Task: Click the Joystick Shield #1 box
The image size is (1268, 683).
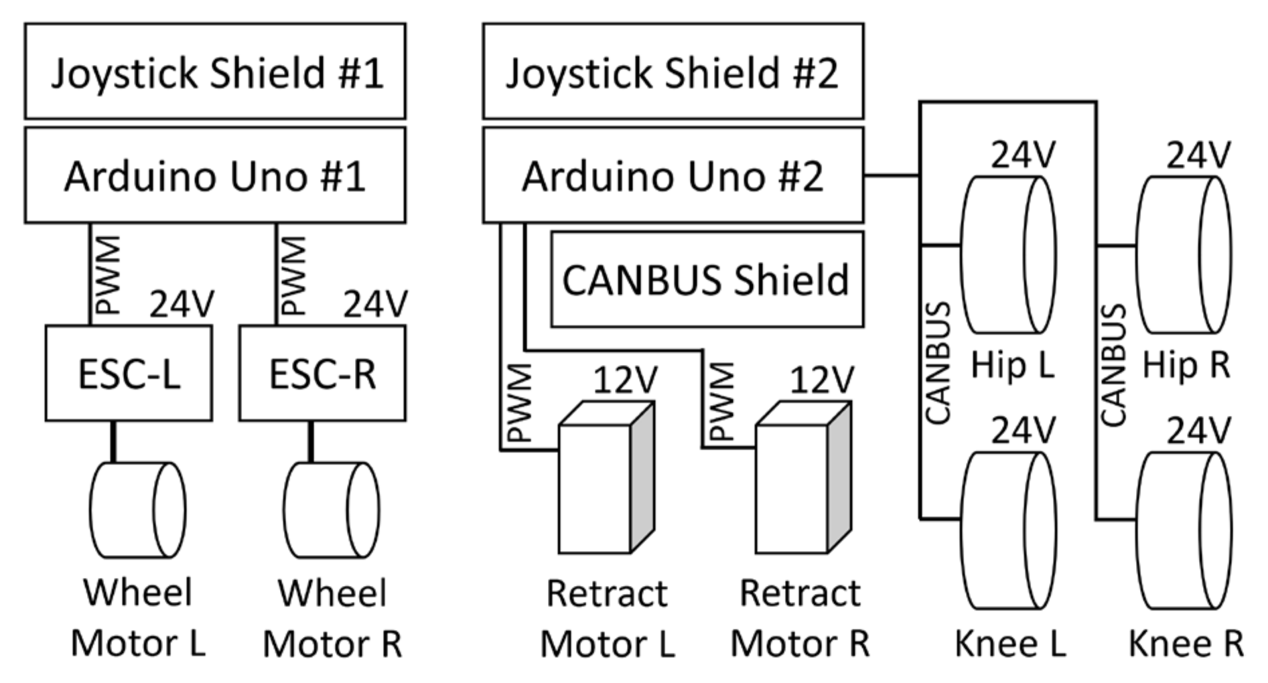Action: tap(215, 72)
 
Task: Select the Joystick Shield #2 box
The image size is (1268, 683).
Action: tap(673, 72)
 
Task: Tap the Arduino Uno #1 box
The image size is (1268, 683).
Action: tap(215, 175)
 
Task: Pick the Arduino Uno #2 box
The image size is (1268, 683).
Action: tap(673, 175)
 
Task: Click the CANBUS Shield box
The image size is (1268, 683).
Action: tap(707, 279)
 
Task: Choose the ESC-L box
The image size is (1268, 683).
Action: tap(129, 374)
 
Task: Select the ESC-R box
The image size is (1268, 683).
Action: tap(322, 374)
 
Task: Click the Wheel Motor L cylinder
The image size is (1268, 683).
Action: tap(137, 510)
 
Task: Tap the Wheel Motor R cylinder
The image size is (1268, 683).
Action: tap(331, 510)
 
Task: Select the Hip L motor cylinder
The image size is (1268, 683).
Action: tap(1007, 254)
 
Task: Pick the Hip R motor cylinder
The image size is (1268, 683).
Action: tap(1184, 254)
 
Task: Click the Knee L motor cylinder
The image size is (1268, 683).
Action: tap(1007, 530)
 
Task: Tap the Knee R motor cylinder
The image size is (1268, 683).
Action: tap(1184, 530)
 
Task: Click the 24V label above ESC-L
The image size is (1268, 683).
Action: tap(181, 305)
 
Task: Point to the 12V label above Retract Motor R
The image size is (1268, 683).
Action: tap(821, 381)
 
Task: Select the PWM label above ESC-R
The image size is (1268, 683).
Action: tap(293, 275)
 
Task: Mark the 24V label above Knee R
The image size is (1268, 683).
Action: tap(1198, 431)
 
